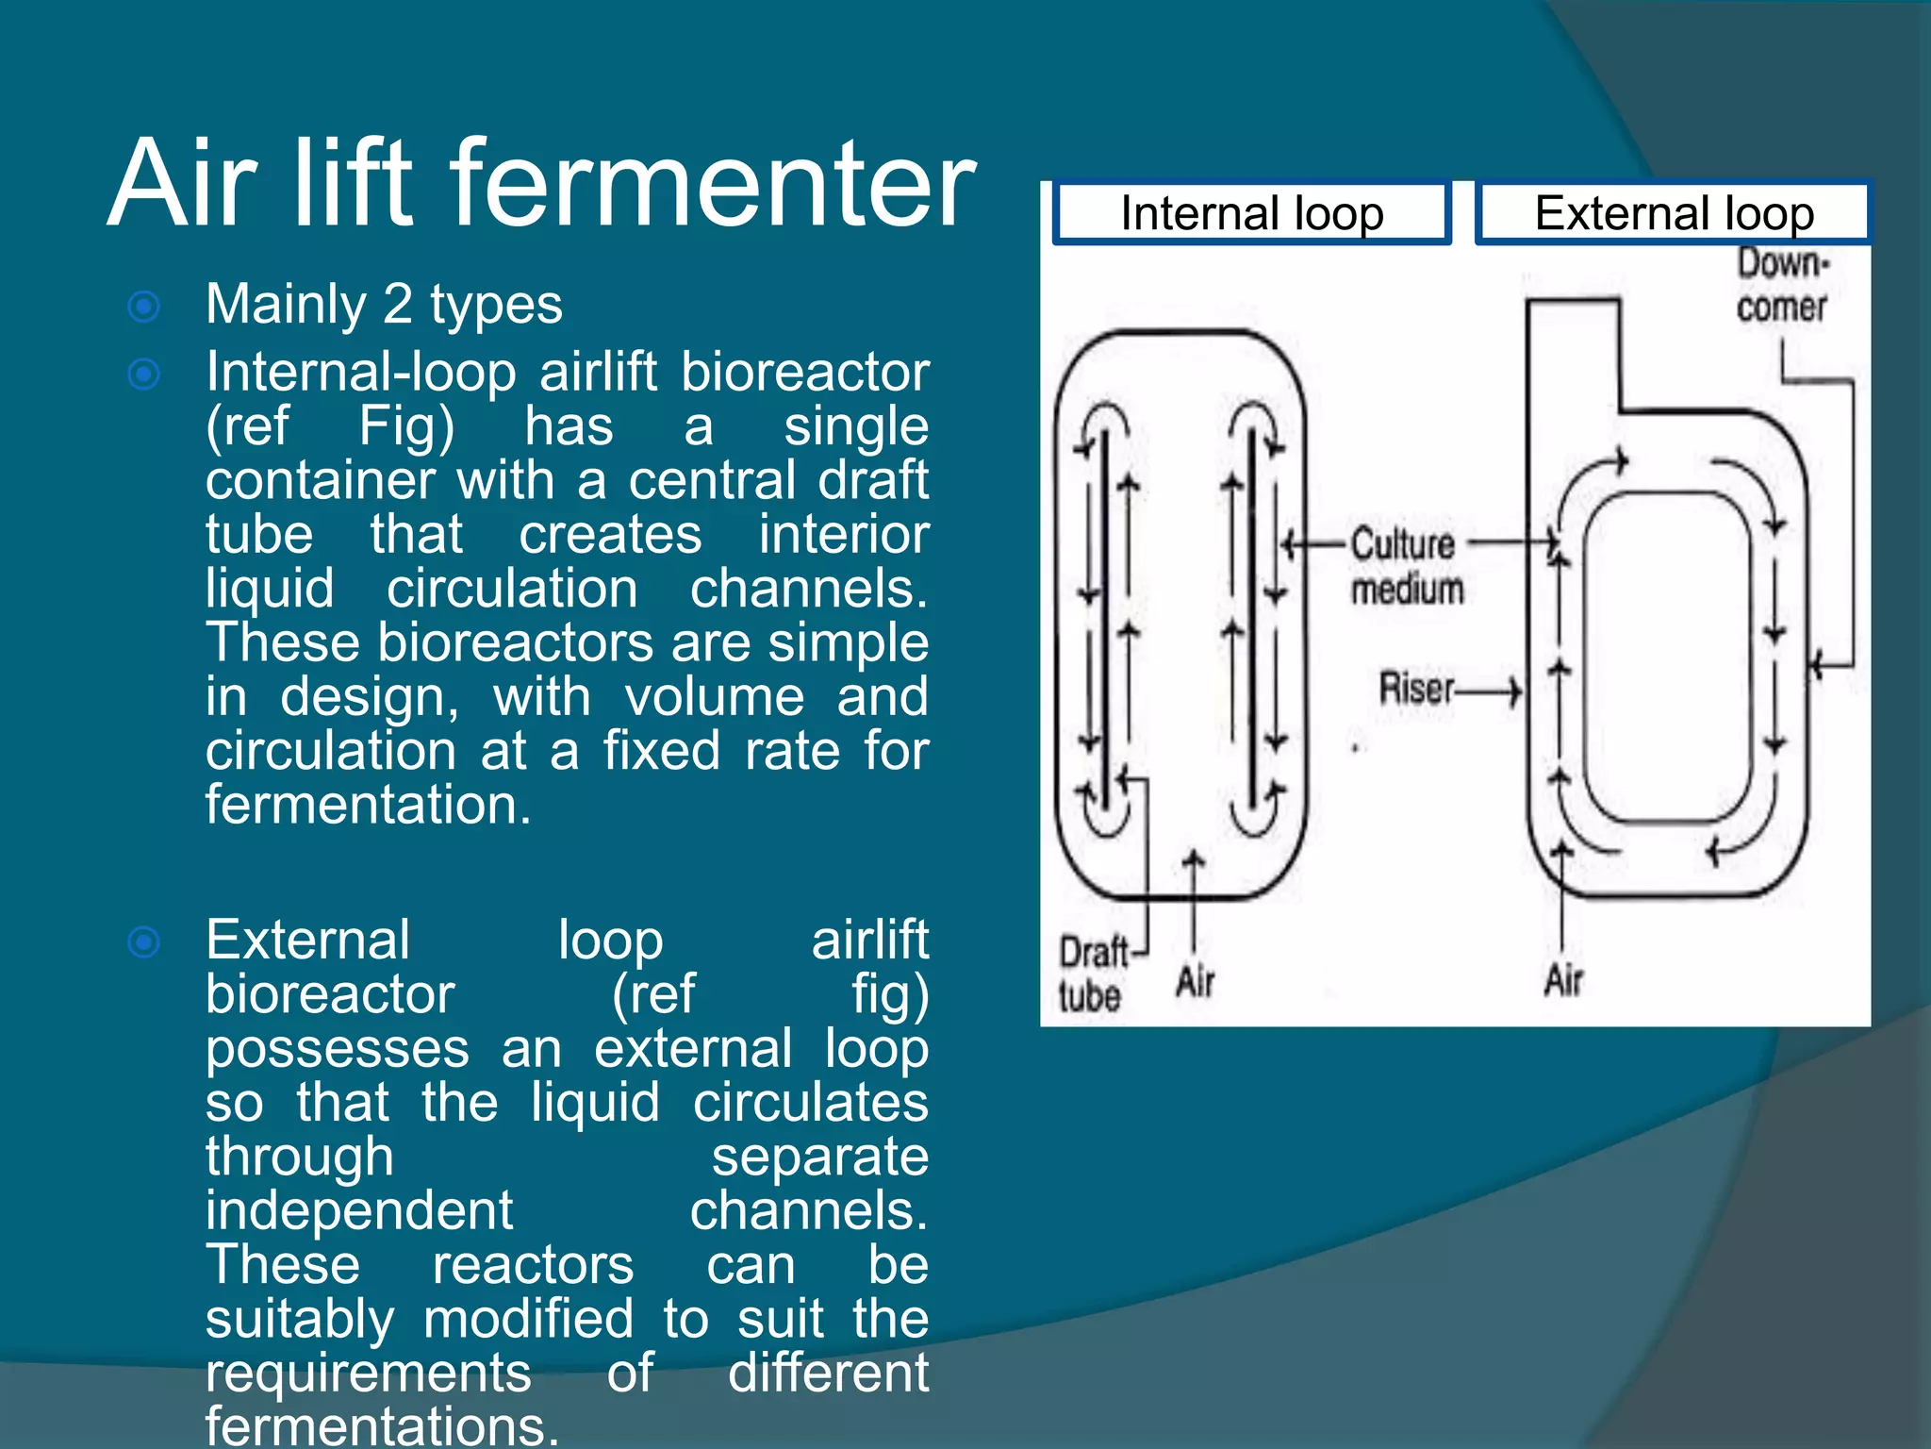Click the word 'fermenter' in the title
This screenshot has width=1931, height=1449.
(712, 184)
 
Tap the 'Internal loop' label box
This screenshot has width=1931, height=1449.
(1251, 213)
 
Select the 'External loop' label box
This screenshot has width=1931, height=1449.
(1674, 213)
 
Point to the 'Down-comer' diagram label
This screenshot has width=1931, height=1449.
(1781, 285)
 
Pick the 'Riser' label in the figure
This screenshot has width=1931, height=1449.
(1416, 688)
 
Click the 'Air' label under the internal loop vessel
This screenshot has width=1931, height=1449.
(1196, 981)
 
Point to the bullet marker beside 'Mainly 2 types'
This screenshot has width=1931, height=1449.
(144, 307)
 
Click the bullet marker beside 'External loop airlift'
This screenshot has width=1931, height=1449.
(144, 941)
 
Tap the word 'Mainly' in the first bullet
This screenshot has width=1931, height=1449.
(286, 305)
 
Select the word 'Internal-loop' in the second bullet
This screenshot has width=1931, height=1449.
(361, 372)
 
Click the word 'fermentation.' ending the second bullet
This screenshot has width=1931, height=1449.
(369, 806)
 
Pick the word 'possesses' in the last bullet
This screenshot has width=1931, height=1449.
(338, 1049)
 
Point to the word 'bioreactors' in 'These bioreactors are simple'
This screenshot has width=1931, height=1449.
(516, 643)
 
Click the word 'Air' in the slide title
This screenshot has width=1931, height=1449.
(184, 184)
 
